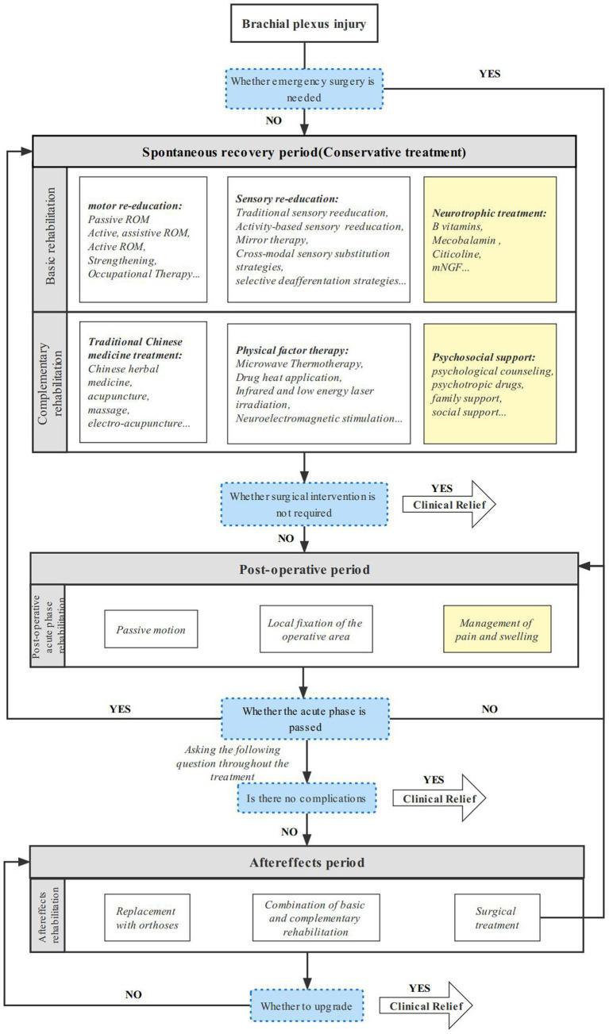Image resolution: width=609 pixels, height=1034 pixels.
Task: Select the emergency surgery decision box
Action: pos(303,88)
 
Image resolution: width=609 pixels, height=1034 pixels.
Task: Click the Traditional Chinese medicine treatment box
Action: pos(143,382)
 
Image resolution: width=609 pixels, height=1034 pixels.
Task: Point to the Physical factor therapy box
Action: pos(318,382)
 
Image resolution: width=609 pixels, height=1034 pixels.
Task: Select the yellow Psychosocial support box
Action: pos(489,382)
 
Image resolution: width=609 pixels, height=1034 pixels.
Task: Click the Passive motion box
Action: pos(151,629)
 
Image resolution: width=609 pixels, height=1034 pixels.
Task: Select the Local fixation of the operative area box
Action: pos(310,629)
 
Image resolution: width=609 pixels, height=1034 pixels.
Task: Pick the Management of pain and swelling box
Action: pos(497,629)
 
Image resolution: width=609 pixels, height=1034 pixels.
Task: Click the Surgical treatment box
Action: pos(496,918)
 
